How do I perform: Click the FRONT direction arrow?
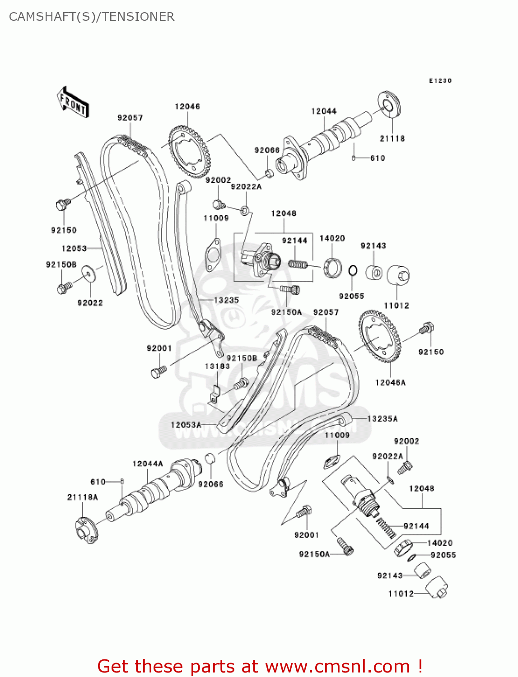(x=73, y=102)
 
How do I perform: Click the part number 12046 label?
(x=187, y=107)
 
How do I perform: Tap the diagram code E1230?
(x=440, y=81)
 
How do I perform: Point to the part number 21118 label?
(x=392, y=139)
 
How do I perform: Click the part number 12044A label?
(x=148, y=464)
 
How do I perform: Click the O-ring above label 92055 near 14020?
(x=353, y=270)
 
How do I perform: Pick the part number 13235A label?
(x=382, y=419)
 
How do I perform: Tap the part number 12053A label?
(x=186, y=425)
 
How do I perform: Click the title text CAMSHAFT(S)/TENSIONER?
(x=92, y=17)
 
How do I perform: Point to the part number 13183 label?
(x=217, y=366)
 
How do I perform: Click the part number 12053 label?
(x=74, y=248)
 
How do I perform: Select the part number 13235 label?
(x=226, y=300)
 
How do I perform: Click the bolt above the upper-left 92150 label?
(x=62, y=204)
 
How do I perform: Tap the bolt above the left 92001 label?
(x=158, y=372)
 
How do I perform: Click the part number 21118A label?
(x=83, y=497)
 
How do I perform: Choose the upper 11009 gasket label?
(x=216, y=218)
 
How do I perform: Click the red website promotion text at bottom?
(x=260, y=666)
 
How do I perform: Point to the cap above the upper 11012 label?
(x=398, y=275)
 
